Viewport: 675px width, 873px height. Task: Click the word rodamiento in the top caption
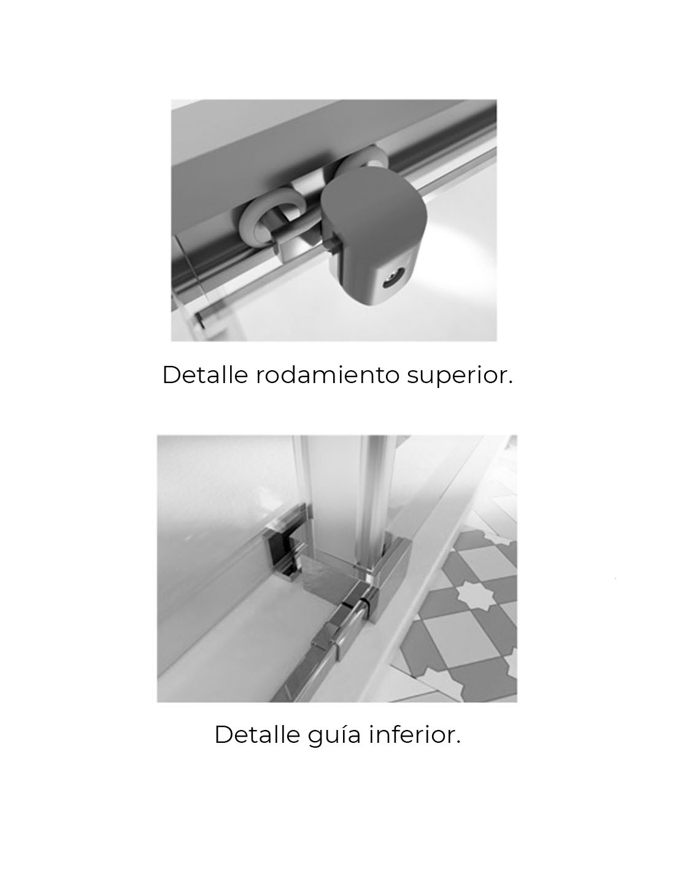327,374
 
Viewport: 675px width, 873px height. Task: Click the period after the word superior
511,382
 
